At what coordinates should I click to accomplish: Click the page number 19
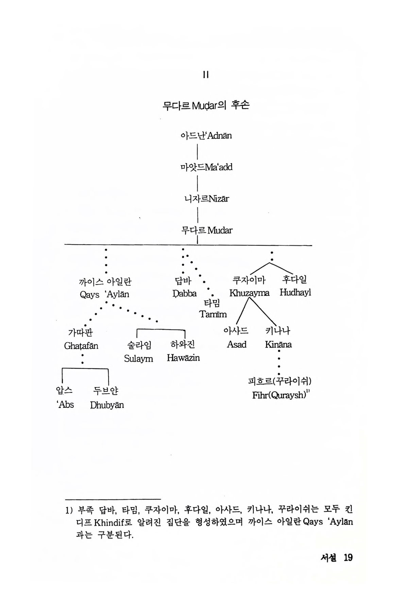tap(348, 558)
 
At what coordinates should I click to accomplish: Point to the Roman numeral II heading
tap(205, 75)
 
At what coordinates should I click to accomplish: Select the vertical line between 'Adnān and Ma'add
tap(198, 152)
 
